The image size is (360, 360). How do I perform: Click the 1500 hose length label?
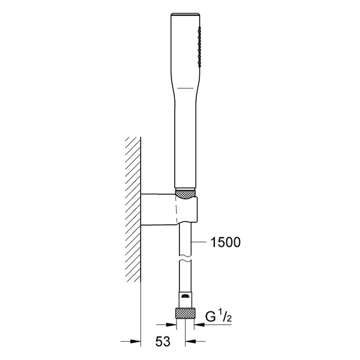click(x=225, y=242)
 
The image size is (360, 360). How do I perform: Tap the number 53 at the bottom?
click(x=163, y=341)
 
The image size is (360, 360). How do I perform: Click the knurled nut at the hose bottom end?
click(x=185, y=313)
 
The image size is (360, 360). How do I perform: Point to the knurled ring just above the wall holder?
click(x=185, y=194)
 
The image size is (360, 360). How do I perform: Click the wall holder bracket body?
click(x=169, y=209)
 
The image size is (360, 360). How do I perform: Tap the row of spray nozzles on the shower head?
click(x=199, y=47)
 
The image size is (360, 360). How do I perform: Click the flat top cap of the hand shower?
click(x=185, y=14)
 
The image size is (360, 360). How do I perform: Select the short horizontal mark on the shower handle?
click(x=186, y=88)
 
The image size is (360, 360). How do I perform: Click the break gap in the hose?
click(x=185, y=258)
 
